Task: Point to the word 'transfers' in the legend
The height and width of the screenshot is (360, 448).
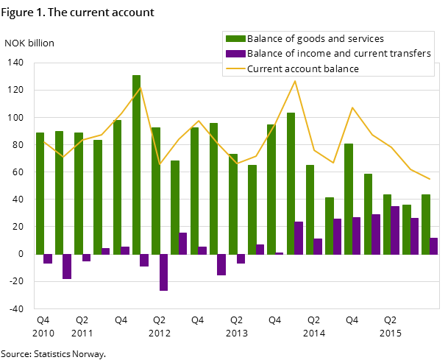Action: [411, 54]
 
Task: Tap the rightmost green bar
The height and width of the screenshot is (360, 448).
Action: [426, 224]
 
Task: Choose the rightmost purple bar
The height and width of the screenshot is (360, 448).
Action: [434, 246]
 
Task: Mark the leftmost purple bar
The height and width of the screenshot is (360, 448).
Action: [48, 258]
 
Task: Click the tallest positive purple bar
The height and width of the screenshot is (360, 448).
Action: [395, 230]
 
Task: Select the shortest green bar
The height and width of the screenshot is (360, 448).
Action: [330, 225]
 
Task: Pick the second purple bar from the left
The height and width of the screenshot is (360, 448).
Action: [67, 267]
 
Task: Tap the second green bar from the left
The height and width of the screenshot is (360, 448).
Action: [59, 192]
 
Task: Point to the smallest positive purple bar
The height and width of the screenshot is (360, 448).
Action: [279, 253]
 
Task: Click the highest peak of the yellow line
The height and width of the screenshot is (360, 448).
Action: [295, 80]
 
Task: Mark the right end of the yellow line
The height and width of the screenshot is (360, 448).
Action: [430, 179]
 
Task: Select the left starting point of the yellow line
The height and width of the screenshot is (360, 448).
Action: [43, 141]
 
